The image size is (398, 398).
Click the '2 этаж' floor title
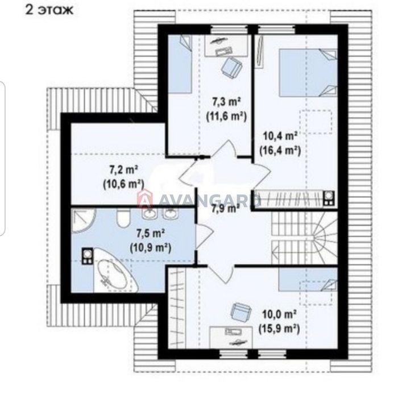49,10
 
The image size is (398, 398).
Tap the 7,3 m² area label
226,102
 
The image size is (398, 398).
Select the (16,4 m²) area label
280,151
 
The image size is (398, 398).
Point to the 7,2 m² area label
123,169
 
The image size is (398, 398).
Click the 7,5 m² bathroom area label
151,234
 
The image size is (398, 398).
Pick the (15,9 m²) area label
279,329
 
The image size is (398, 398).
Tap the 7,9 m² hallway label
226,209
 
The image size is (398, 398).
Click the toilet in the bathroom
123,218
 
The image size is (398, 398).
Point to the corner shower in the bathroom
82,219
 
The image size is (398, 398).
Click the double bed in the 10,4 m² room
308,73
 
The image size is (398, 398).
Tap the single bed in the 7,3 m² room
180,64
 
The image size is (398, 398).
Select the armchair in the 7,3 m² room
231,67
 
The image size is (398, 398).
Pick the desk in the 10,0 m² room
231,337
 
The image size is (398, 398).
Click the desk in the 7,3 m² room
226,45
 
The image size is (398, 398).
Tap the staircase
304,238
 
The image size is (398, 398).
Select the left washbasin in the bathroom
150,214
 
